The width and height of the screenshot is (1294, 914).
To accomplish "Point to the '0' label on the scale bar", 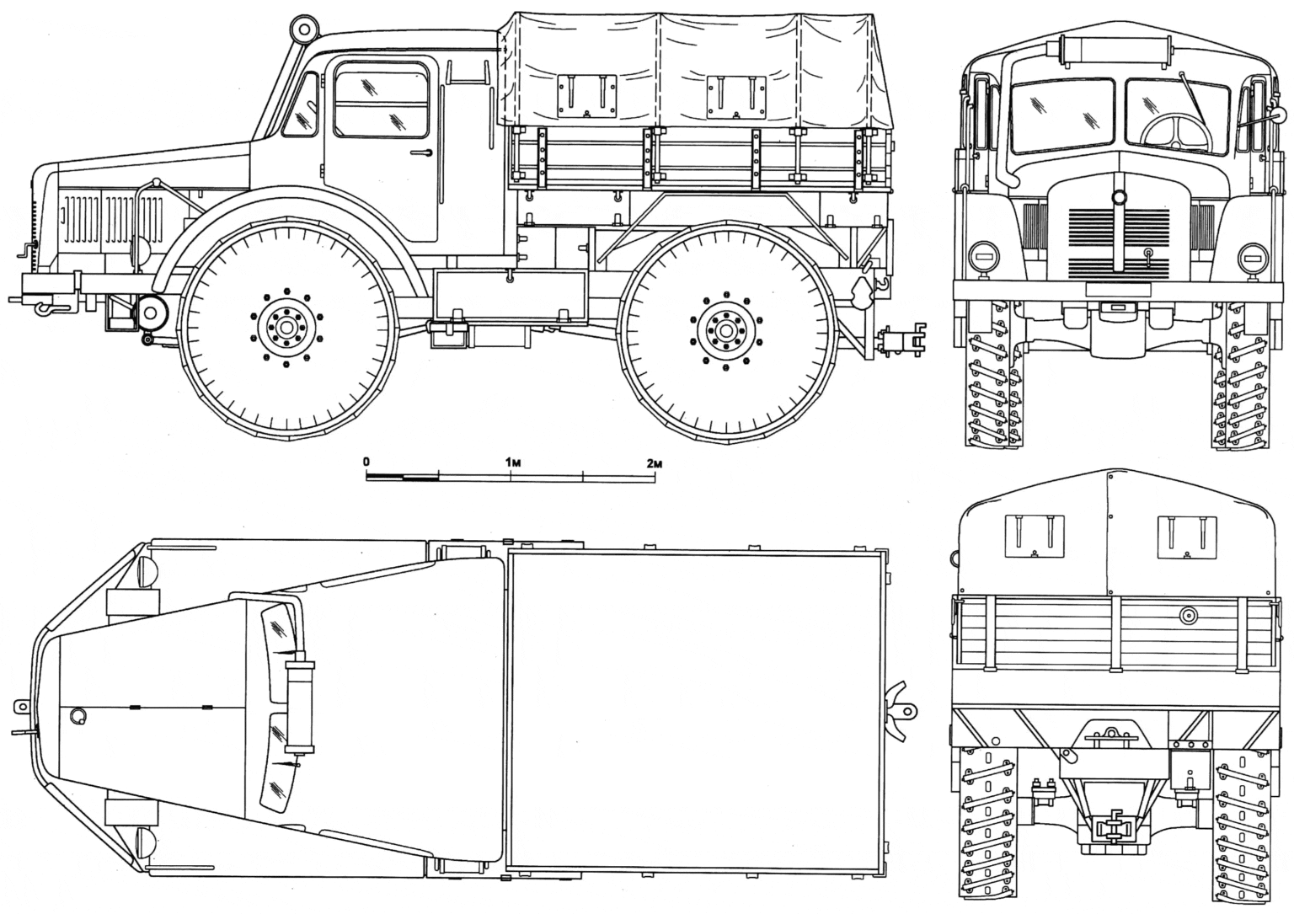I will click(x=366, y=462).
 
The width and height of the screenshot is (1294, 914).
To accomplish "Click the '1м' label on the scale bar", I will click(x=511, y=462).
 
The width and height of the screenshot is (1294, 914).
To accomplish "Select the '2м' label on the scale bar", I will click(x=655, y=462).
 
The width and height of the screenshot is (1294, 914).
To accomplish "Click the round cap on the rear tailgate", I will click(x=1189, y=616).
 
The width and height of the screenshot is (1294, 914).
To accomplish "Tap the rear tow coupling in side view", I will click(x=902, y=340).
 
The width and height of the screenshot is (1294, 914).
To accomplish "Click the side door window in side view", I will click(x=382, y=99).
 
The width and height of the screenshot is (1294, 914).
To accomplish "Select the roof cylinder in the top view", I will click(x=300, y=706).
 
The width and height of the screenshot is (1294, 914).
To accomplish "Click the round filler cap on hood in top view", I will click(x=78, y=715).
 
